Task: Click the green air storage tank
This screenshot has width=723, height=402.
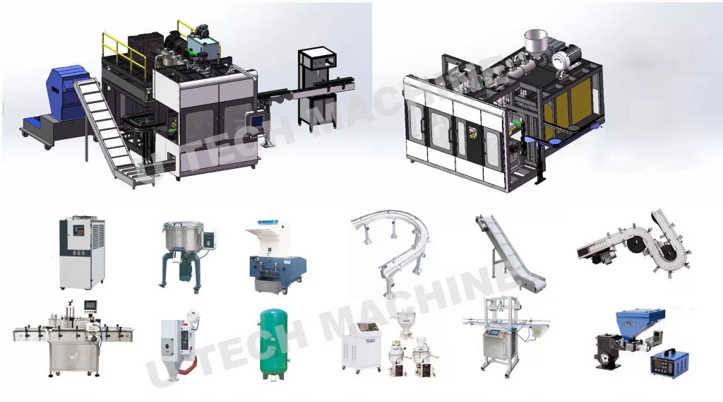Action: (x=273, y=344)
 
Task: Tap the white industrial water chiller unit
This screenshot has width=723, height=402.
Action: (x=82, y=253)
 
